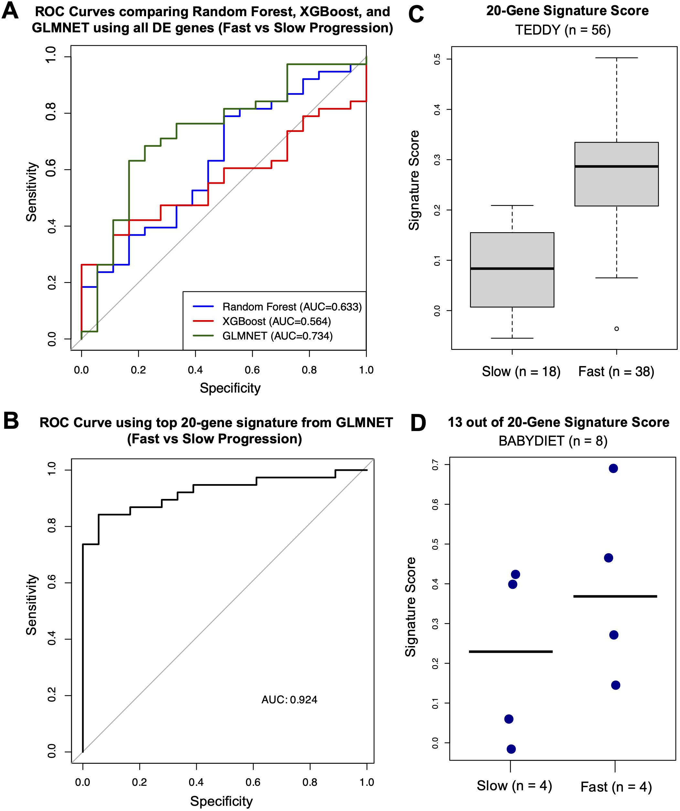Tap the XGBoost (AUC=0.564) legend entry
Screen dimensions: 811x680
276,321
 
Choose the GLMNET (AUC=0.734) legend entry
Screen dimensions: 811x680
277,336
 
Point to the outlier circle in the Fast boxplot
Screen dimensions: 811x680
616,329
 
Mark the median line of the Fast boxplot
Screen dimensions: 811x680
616,167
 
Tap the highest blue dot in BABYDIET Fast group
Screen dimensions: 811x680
613,469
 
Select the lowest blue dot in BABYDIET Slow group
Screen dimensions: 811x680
511,749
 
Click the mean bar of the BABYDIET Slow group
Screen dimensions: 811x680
511,652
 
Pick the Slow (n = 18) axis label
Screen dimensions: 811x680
521,372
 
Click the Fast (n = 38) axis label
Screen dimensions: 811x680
616,372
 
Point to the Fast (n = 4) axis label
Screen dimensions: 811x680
616,787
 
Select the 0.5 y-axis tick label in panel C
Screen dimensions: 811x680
437,59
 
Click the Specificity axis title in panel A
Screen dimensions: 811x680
230,388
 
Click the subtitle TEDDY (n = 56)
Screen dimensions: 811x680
563,30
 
